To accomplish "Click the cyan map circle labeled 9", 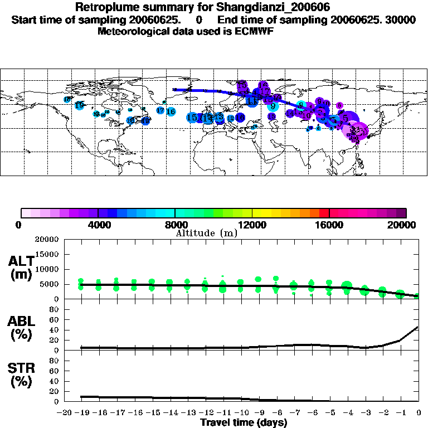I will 273,106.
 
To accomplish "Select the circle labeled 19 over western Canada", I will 79,105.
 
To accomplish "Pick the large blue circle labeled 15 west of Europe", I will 192,118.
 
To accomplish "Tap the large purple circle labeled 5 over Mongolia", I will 346,118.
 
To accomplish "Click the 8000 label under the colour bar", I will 175,225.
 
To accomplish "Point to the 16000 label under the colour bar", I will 330,225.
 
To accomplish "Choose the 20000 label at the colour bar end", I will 406,225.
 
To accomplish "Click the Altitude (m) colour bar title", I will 206,234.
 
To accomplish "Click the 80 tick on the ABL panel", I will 55,310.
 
